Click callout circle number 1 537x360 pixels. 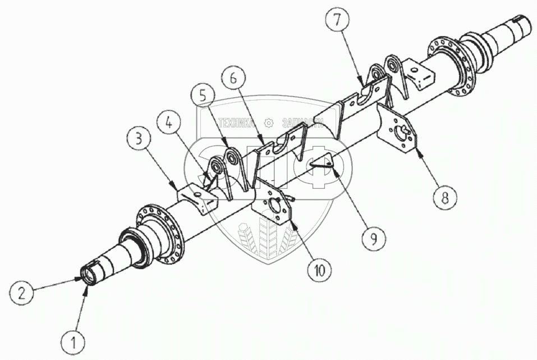(x=74, y=341)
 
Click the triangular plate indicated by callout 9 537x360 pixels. (x=322, y=163)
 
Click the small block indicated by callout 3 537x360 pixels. (x=196, y=197)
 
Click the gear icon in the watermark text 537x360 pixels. (x=269, y=122)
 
